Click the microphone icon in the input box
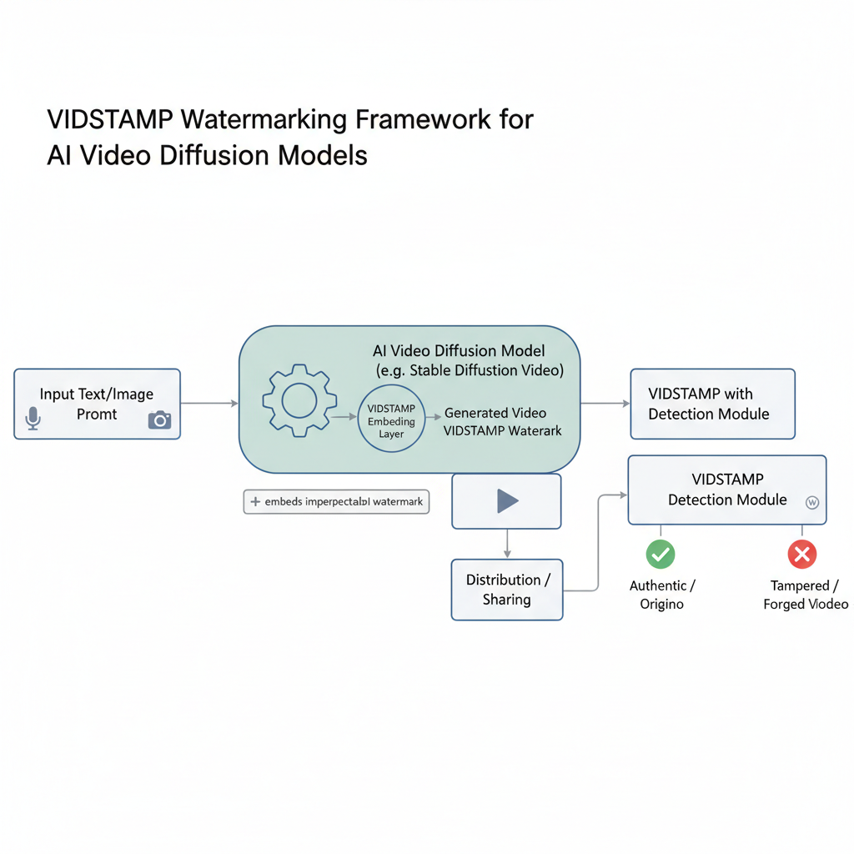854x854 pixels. point(33,418)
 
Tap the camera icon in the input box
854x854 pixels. point(159,419)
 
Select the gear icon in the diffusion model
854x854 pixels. point(299,401)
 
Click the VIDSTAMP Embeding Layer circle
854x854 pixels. point(391,419)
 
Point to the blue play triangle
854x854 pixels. point(507,500)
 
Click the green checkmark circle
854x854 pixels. point(661,554)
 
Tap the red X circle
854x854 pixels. point(802,554)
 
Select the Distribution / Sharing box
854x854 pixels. point(507,590)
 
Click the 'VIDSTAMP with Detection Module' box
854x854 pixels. point(712,404)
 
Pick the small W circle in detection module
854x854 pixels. point(811,502)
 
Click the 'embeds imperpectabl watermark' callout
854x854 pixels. point(336,502)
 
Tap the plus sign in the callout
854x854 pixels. point(255,502)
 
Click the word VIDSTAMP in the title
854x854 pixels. point(110,120)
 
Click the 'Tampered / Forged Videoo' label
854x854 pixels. point(805,595)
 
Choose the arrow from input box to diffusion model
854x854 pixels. point(209,404)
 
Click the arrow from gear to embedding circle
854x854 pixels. point(343,414)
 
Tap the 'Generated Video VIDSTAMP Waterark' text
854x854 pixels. point(503,422)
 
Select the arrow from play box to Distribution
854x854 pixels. point(507,544)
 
